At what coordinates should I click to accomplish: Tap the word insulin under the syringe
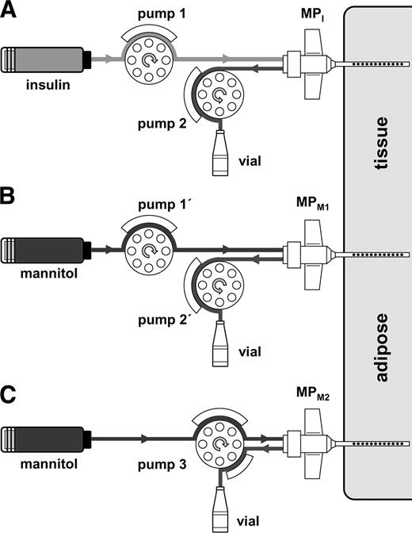click(x=44, y=84)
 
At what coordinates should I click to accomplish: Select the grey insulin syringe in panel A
click(x=48, y=59)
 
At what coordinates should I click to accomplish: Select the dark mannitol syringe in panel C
click(x=48, y=439)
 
